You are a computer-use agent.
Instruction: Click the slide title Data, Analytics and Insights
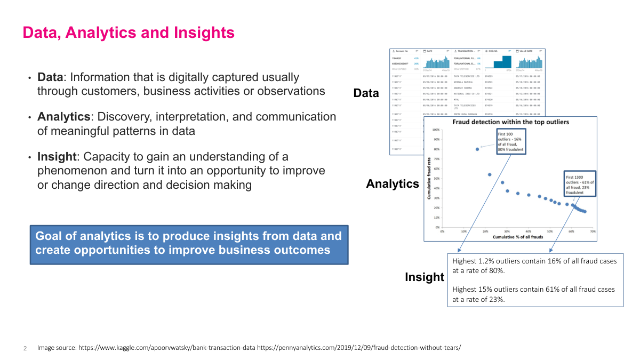(129, 33)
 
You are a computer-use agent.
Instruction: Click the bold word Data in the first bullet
(48, 77)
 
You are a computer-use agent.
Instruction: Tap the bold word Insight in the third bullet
(57, 157)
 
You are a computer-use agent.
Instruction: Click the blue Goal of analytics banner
(189, 243)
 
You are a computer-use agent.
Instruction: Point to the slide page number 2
(25, 348)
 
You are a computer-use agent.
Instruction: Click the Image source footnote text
(249, 348)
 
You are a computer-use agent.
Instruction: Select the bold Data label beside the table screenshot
(366, 93)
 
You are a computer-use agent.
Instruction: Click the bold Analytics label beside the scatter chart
(393, 184)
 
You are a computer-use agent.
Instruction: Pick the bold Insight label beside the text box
(424, 277)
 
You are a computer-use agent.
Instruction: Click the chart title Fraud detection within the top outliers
(510, 122)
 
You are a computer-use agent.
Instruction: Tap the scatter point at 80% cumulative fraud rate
(477, 149)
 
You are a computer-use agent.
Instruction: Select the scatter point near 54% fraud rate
(490, 174)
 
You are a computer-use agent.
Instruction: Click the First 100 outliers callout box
(511, 141)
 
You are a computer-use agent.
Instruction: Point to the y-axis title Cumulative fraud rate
(429, 178)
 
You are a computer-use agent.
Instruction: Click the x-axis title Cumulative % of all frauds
(517, 236)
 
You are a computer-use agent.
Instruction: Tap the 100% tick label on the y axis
(435, 130)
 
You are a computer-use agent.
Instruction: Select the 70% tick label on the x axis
(593, 231)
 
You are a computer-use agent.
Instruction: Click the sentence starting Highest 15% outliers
(533, 294)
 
